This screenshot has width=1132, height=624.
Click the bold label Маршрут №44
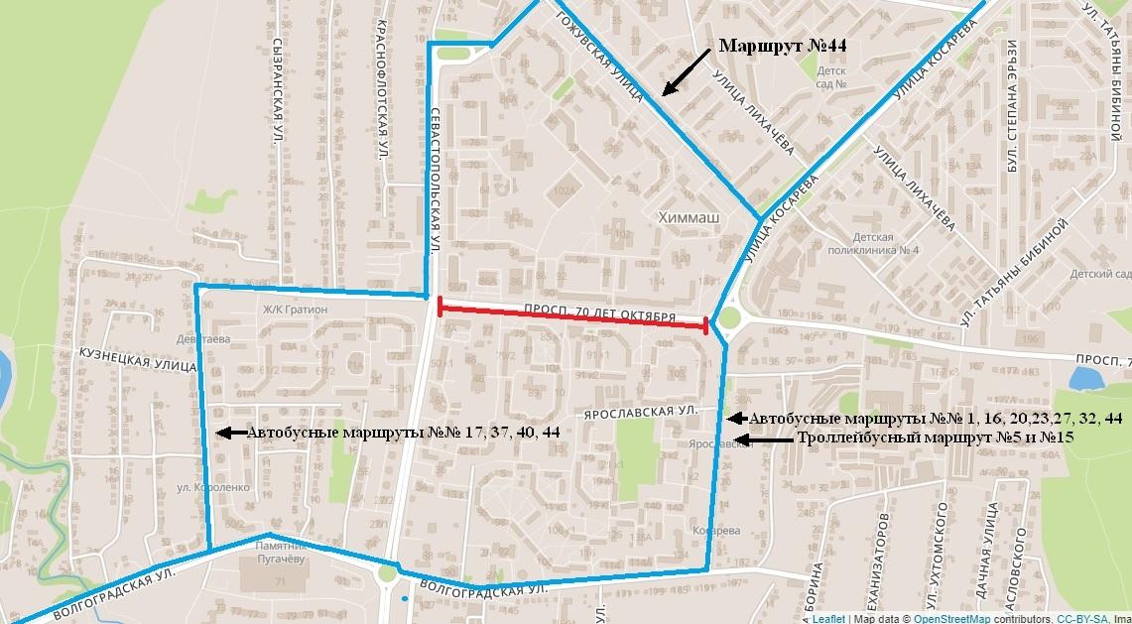[782, 47]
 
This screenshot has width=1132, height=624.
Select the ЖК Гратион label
[295, 309]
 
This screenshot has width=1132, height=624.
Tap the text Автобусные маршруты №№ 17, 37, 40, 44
[403, 433]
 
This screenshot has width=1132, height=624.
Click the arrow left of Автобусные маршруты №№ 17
[229, 433]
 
